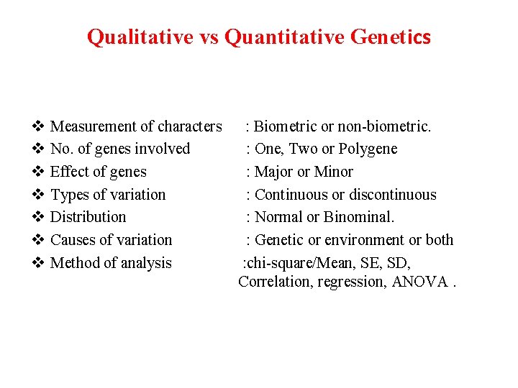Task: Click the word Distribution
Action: [x=88, y=217]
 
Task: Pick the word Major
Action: [x=274, y=172]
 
